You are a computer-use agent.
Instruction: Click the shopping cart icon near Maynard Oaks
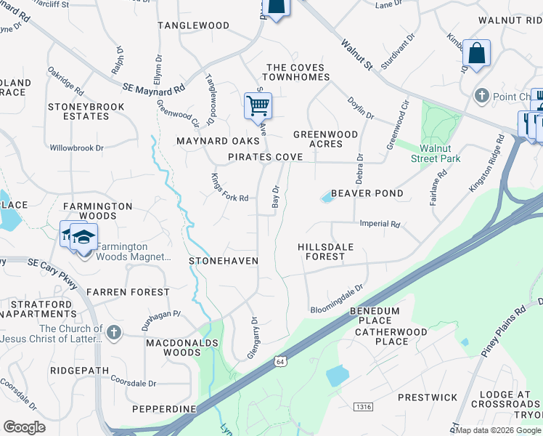coord(258,106)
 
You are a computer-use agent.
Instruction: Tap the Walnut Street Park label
coord(436,153)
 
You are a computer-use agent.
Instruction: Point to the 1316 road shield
coord(364,407)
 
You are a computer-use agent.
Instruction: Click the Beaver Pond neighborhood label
coord(367,193)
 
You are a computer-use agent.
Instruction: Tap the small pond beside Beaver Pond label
coord(326,198)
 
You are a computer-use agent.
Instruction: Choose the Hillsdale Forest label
coord(326,251)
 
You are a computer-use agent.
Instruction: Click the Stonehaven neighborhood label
coord(224,259)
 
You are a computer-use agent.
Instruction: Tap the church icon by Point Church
coord(481,96)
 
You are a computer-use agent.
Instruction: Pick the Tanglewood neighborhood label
coord(194,25)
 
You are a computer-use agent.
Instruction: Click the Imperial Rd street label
coord(380,225)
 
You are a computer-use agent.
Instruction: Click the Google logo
coord(24,427)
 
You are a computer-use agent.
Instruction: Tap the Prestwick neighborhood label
coord(428,397)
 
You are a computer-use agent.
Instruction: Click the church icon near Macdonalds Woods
coord(113,333)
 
